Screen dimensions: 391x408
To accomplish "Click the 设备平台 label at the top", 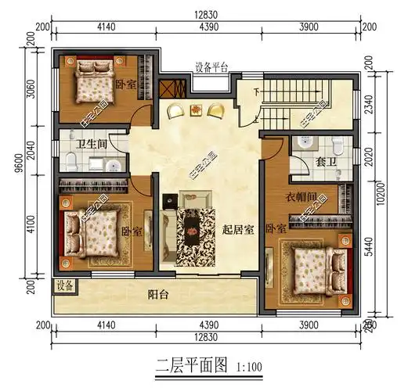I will click(211, 67).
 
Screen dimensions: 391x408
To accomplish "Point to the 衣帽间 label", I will click(301, 196).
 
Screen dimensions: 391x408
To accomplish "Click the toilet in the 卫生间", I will click(70, 161).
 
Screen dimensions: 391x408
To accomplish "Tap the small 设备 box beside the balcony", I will click(65, 286).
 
